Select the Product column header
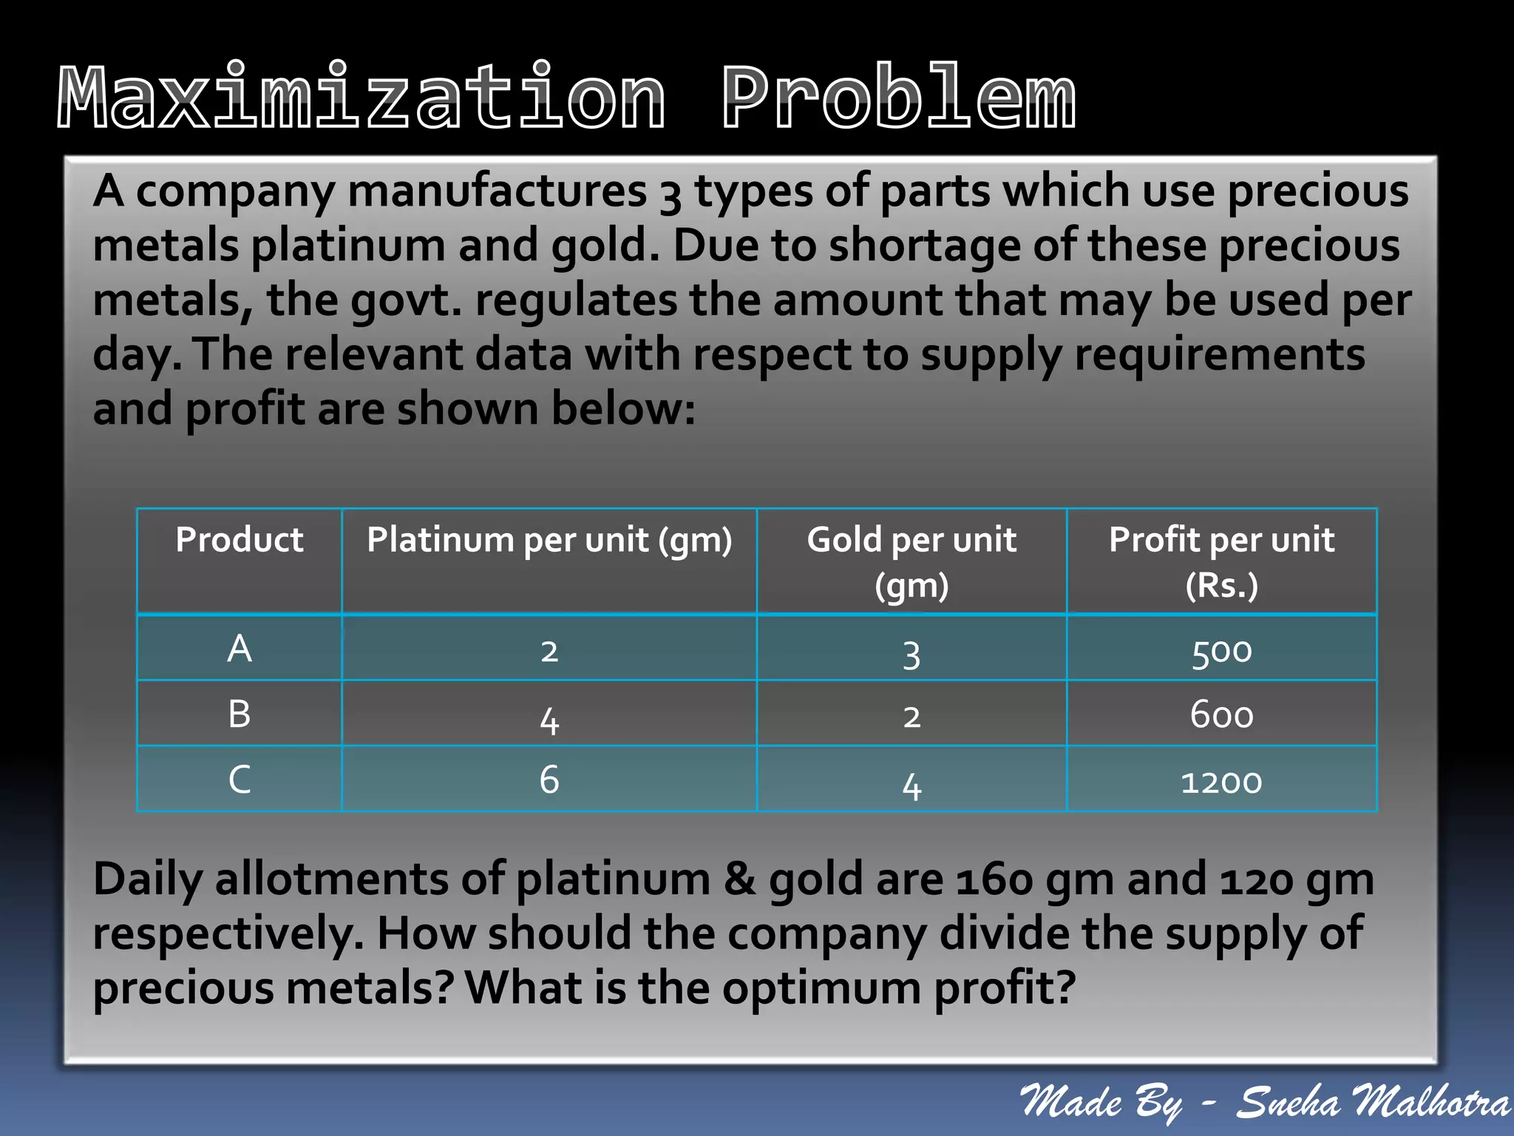(239, 539)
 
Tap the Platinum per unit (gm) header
(549, 540)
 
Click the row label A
(239, 649)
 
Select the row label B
(239, 714)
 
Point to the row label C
(239, 779)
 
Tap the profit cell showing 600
(1221, 715)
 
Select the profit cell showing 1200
(1221, 782)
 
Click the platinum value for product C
(549, 780)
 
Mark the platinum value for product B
(549, 719)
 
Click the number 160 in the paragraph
(994, 880)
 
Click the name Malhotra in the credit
(1430, 1103)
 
